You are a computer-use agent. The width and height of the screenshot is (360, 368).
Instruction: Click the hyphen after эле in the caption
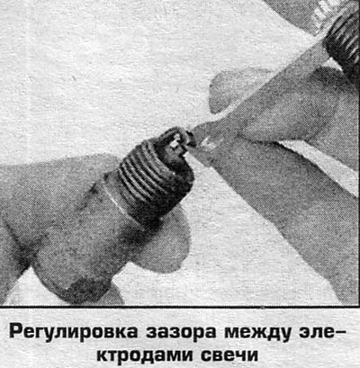[x=340, y=333]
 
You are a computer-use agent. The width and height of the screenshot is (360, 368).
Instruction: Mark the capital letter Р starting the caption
[x=15, y=331]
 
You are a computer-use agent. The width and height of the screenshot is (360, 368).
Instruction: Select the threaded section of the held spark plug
[x=156, y=178]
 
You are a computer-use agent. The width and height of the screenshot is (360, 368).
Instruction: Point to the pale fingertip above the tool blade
[x=237, y=88]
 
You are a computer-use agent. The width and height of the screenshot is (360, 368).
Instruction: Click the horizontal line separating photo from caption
[x=180, y=307]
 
